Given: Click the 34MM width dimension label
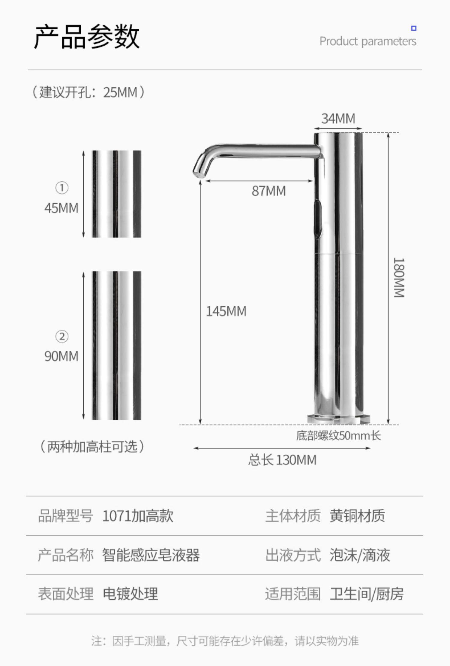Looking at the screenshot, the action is [x=338, y=119].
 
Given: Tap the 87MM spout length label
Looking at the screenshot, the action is [x=268, y=191].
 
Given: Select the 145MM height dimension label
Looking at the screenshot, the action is [x=226, y=311].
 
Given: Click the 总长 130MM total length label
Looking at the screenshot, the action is [x=282, y=460].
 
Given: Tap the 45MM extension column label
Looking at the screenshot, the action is [x=61, y=208].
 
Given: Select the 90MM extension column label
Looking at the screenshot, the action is [x=61, y=356].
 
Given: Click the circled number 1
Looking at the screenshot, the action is [x=62, y=188].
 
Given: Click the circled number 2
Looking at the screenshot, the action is [x=62, y=336].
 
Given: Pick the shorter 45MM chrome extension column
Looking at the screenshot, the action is [x=116, y=194].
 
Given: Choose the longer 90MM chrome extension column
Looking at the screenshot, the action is [x=116, y=345].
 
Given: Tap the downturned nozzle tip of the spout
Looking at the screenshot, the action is [x=198, y=172].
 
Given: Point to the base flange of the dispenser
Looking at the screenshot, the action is [x=338, y=419].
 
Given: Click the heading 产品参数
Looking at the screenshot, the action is [x=87, y=37].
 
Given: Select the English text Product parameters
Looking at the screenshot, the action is [x=367, y=41].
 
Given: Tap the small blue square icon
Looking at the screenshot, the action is [x=414, y=28].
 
